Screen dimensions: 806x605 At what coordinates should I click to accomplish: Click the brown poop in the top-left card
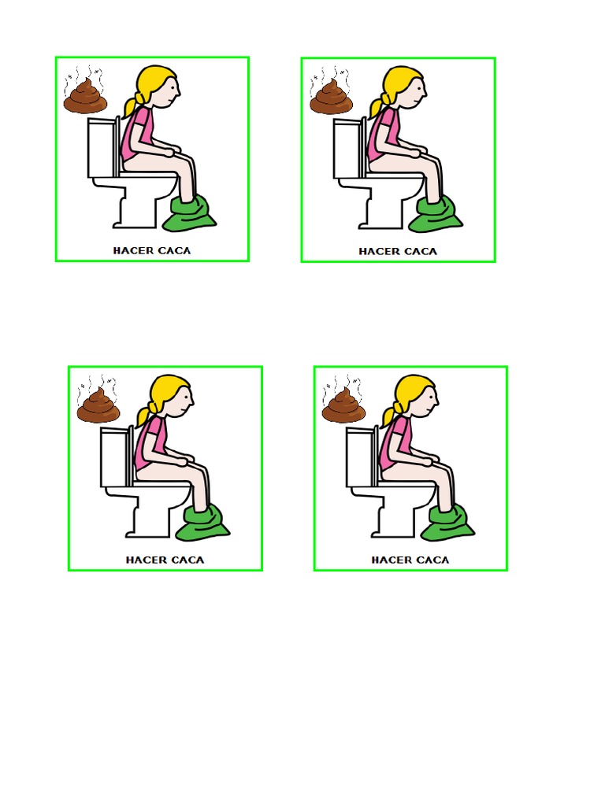[x=85, y=98]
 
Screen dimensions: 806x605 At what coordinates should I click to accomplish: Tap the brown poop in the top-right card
[x=331, y=98]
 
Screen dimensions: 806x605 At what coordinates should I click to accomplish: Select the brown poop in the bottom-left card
[x=98, y=407]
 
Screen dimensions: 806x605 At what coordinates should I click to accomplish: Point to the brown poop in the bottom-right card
[x=343, y=407]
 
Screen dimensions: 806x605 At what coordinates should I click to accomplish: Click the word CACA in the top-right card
[x=420, y=252]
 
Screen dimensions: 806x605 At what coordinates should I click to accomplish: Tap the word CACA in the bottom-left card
[x=187, y=560]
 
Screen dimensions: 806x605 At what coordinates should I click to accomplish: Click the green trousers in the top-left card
[x=189, y=213]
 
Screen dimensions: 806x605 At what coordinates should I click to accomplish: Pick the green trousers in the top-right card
[x=435, y=214]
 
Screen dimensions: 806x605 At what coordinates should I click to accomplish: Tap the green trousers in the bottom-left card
[x=202, y=523]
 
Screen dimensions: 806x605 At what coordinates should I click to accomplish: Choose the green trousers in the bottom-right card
[x=447, y=523]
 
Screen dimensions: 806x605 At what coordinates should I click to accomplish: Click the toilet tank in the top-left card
[x=99, y=148]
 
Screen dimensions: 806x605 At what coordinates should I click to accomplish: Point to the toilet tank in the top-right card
[x=345, y=149]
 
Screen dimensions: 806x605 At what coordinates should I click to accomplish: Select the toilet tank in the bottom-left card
[x=113, y=457]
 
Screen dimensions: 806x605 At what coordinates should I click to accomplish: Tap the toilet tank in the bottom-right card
[x=358, y=457]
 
